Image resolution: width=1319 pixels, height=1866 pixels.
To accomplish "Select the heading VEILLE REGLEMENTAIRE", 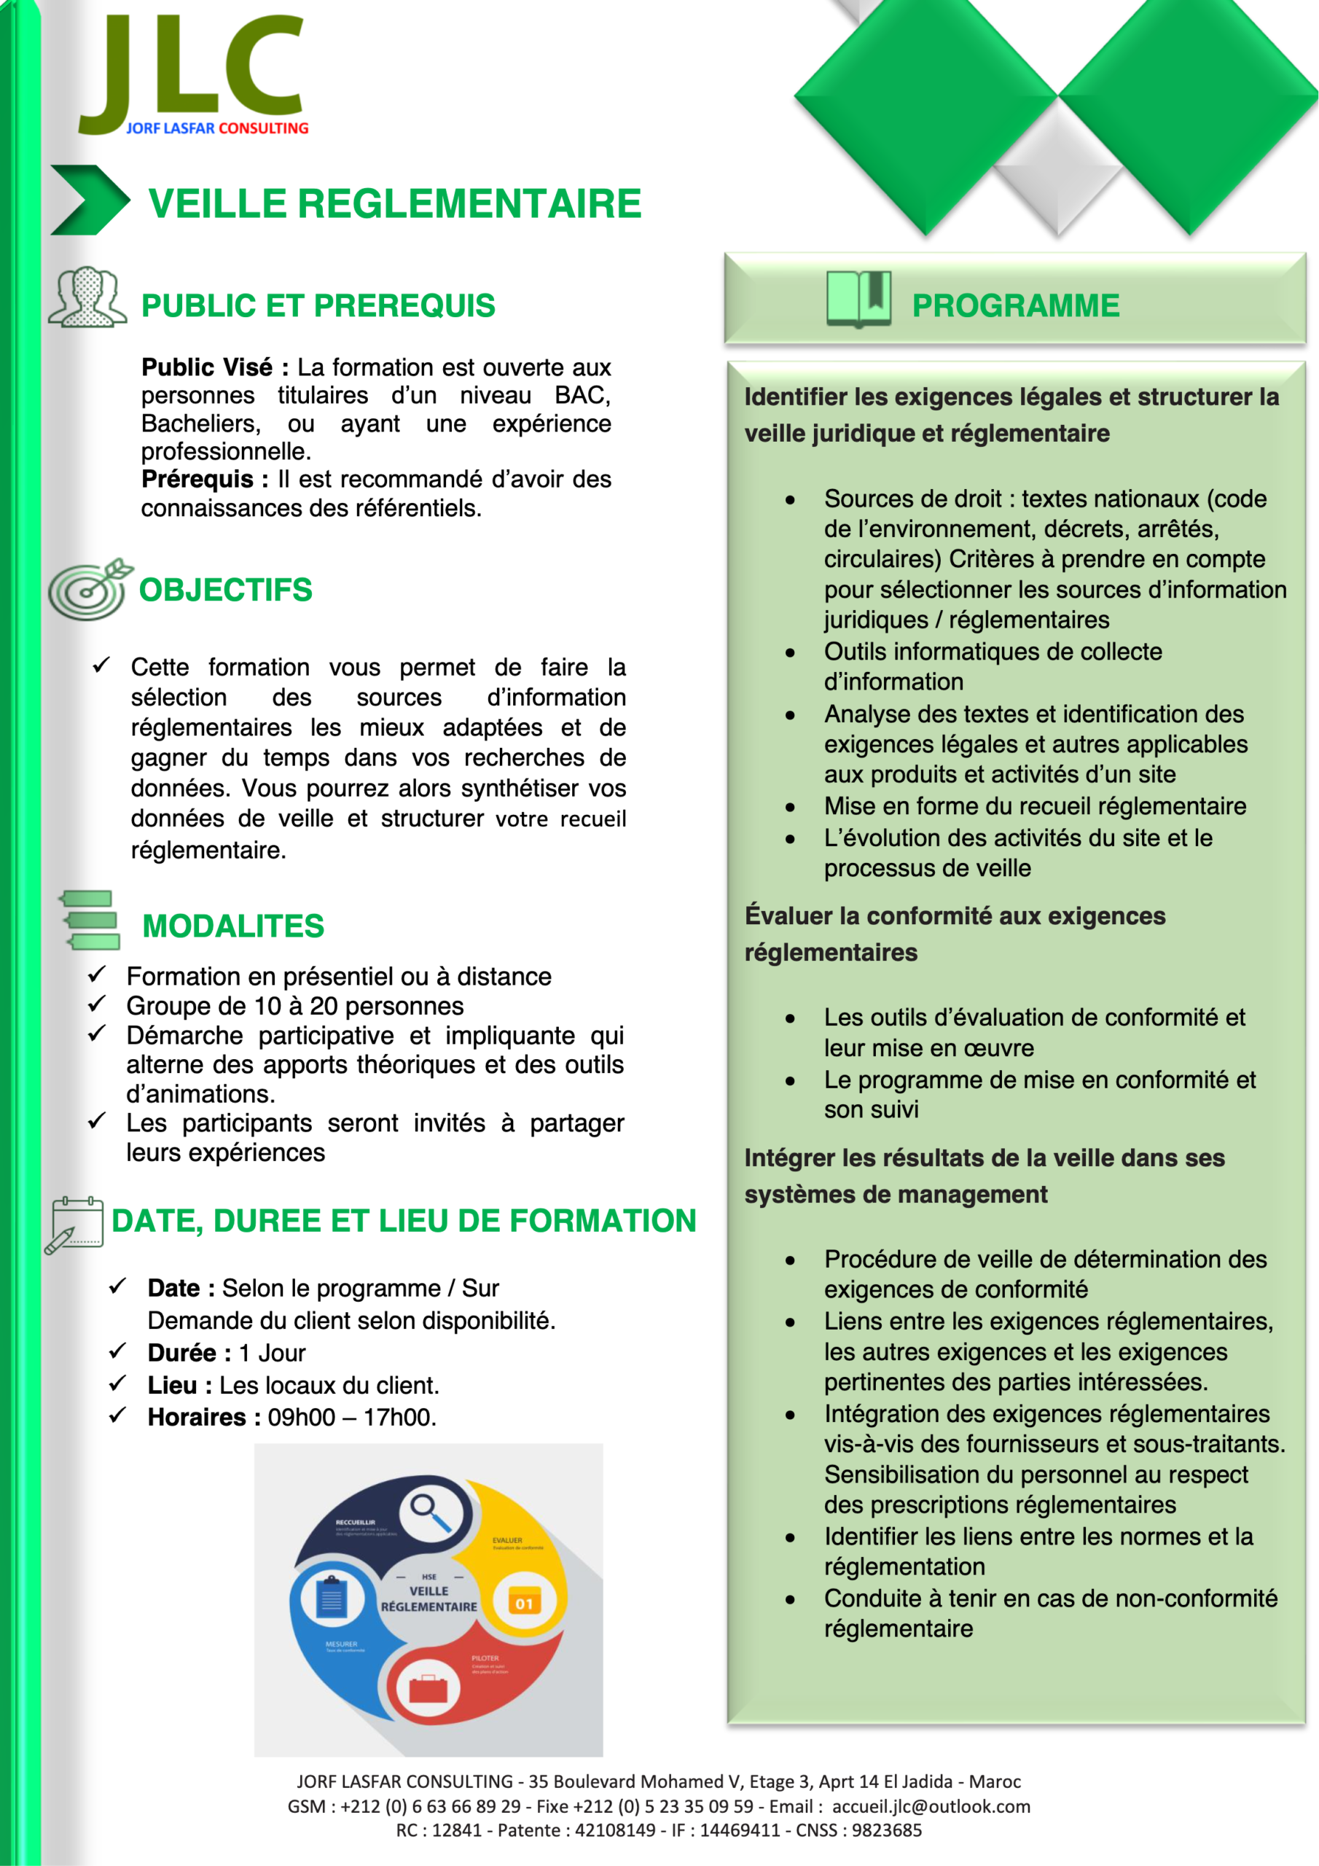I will click(x=395, y=203).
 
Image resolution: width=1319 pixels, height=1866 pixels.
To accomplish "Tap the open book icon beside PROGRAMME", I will click(x=858, y=299).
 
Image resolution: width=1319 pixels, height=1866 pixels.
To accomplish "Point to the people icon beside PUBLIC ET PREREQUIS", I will click(x=87, y=297).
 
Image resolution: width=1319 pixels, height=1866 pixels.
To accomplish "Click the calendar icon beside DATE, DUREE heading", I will click(x=75, y=1224).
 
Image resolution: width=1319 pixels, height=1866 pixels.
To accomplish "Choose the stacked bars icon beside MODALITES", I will click(x=90, y=920).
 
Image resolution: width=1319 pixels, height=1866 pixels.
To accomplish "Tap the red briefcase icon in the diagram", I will click(x=428, y=1689).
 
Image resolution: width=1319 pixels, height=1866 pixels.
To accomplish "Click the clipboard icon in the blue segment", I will click(x=331, y=1597).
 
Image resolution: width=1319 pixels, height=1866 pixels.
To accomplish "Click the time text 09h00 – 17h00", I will click(x=351, y=1418).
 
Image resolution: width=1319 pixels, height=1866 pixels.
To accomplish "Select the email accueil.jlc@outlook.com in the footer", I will click(x=931, y=1806).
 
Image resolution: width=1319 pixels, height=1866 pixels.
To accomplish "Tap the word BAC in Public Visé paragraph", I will click(x=580, y=396).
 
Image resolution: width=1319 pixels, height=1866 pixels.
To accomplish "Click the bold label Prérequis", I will click(x=204, y=480).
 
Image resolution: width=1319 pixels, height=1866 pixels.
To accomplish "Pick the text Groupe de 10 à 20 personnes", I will click(x=295, y=1006).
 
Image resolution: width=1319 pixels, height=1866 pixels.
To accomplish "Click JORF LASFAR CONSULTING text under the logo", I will click(x=217, y=128).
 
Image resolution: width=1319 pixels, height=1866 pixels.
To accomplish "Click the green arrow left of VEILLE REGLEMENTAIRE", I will click(x=90, y=200).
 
